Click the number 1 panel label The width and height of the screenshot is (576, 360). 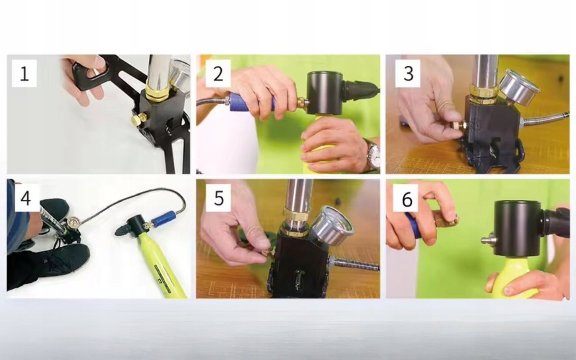(24, 73)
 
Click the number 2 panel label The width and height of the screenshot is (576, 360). (218, 73)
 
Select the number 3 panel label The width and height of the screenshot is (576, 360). (408, 73)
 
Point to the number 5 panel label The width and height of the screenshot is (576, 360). (218, 198)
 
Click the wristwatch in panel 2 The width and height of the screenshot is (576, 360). (373, 155)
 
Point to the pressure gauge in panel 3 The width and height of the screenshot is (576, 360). (520, 87)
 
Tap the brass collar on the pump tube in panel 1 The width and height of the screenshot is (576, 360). (157, 93)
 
